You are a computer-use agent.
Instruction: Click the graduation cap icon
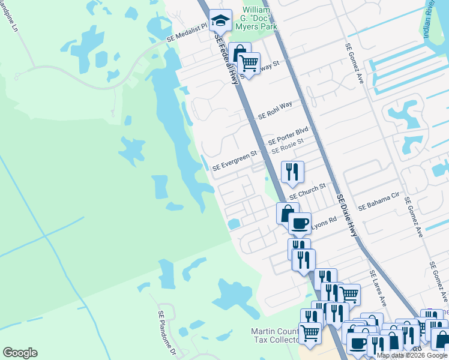[220, 21]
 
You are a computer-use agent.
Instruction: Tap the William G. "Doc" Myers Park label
[259, 18]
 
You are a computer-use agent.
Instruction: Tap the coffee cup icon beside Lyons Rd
[300, 224]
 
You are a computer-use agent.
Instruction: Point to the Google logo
[20, 353]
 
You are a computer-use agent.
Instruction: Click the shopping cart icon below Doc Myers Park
[248, 63]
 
